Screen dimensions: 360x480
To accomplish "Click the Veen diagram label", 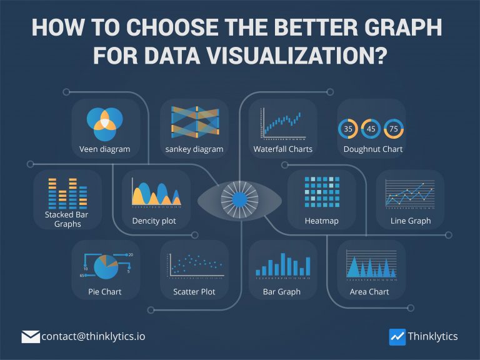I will coord(105,149).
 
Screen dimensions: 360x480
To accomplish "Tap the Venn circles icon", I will coord(104,123).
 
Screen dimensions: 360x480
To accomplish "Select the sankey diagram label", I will coord(194,149).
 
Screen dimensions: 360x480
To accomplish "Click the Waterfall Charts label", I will coord(283,149).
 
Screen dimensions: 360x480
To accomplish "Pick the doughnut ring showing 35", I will coord(348,129).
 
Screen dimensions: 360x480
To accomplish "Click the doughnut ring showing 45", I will coord(371,129).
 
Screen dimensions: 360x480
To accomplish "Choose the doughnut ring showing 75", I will coord(394,129).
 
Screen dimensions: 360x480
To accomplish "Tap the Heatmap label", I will coord(321,221).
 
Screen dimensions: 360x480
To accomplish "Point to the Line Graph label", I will coord(410,221).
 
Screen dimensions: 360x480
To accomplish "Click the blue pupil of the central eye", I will coord(239,200).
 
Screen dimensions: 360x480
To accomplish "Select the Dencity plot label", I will coord(154,221).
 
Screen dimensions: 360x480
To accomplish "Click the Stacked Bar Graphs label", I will coord(67,219).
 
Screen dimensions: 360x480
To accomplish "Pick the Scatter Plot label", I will coord(194,292).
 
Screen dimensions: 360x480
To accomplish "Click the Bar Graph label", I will coord(283,292).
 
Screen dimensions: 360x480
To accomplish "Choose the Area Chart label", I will coord(369,292).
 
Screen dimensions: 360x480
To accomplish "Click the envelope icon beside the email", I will coord(31,337).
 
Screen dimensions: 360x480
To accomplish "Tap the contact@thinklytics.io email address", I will coord(94,336).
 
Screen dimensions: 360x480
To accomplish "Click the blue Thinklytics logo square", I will coord(397,337).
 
